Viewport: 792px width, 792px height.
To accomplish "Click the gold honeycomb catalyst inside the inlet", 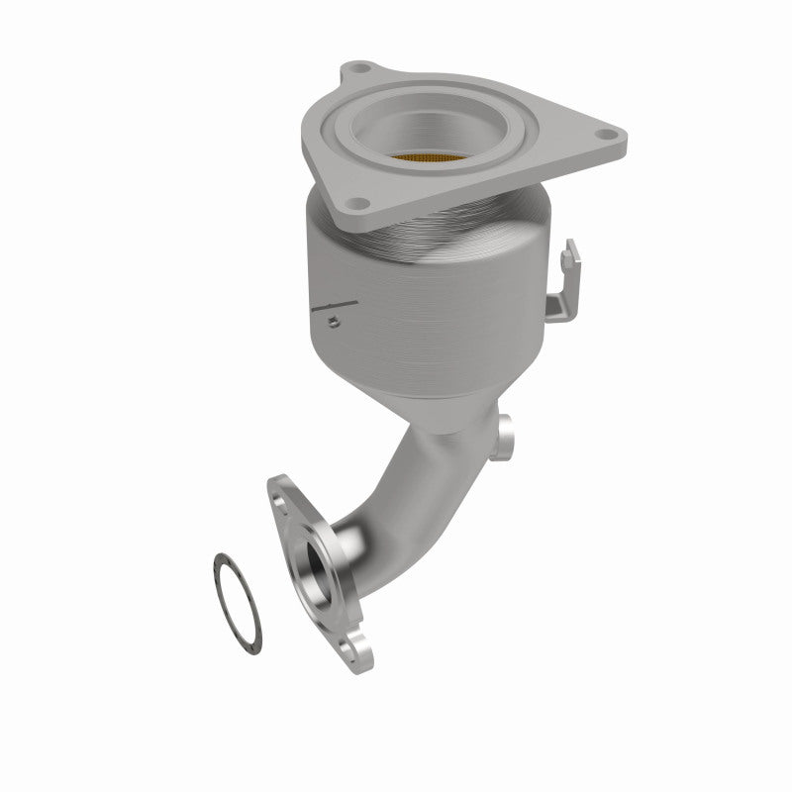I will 428,157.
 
